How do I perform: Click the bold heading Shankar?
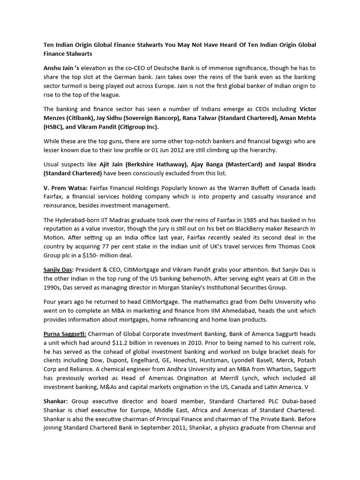pos(56,402)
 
